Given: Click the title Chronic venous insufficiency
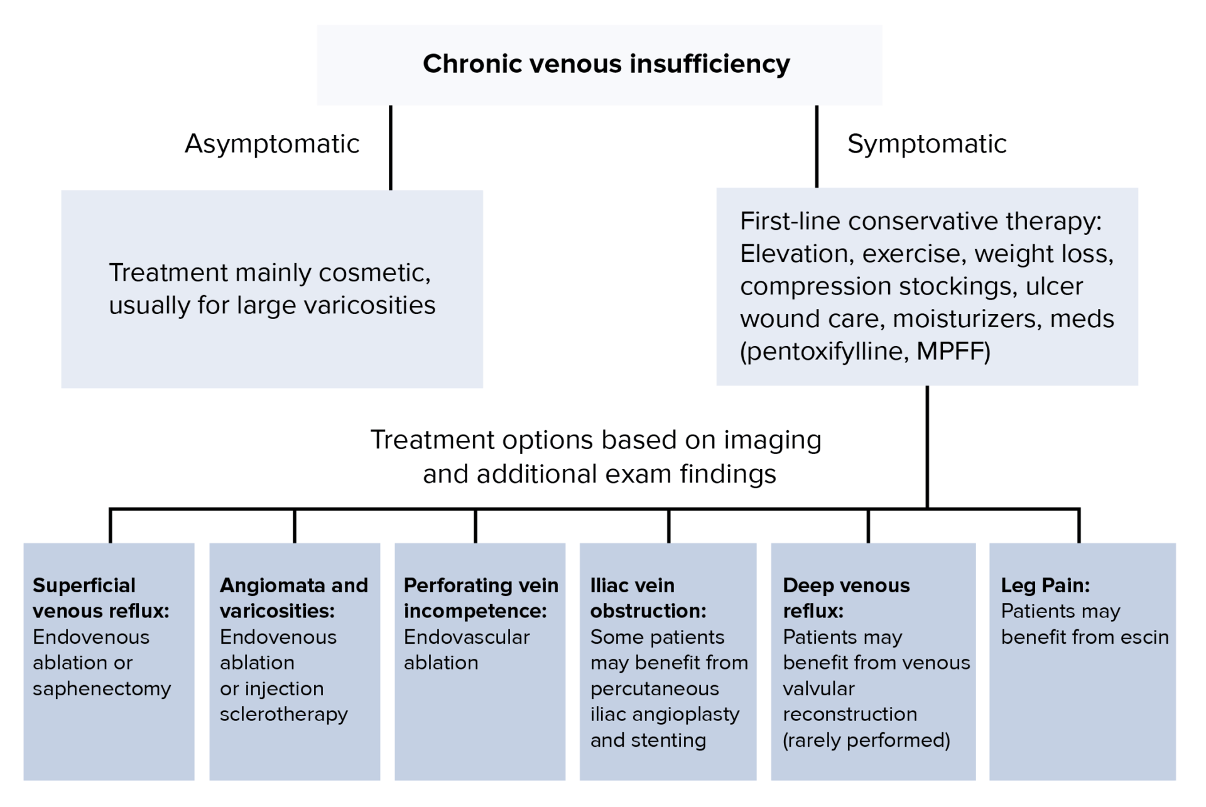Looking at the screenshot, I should [x=606, y=64].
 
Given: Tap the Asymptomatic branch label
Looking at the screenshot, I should [x=272, y=144].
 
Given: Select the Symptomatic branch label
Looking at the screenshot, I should [x=926, y=144].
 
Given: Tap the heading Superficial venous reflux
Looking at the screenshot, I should [x=100, y=598].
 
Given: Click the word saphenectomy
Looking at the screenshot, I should [x=102, y=689].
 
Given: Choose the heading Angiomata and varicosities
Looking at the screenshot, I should [x=293, y=598].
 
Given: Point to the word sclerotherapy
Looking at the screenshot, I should [x=283, y=715].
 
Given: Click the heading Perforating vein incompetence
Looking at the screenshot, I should [x=481, y=598].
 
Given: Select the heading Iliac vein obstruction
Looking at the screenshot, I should [x=648, y=598].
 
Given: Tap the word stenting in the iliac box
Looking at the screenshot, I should [x=668, y=740].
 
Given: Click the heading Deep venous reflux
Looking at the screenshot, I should [x=845, y=598].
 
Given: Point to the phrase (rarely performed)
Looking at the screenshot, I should [x=866, y=740].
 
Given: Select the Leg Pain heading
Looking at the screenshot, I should [x=1045, y=585].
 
